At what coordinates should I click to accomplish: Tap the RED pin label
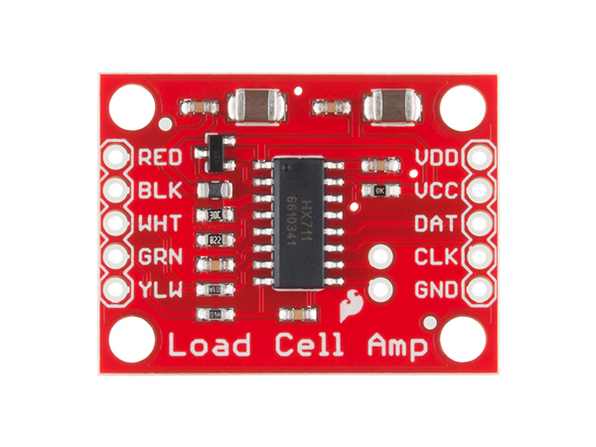160,157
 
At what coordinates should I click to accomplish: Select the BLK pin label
159,190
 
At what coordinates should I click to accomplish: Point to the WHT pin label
160,223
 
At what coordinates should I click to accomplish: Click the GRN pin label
160,255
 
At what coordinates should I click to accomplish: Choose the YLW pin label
159,289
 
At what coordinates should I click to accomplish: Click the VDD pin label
436,157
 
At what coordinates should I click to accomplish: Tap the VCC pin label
436,190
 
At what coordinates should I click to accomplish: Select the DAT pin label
436,223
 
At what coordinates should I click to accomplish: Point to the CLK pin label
436,257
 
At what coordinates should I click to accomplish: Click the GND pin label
436,290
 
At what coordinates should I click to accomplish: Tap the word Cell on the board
307,347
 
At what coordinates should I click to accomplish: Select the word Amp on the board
395,348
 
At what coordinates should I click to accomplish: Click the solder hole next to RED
116,157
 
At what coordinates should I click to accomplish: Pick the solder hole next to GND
480,291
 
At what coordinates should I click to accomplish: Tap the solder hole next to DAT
480,223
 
